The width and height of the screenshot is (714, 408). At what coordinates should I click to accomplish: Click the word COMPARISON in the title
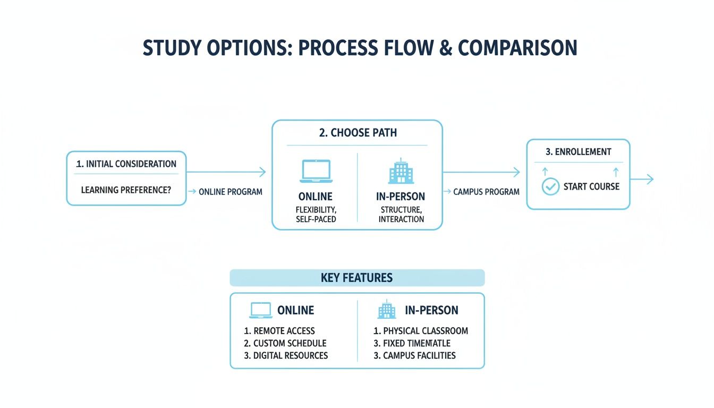pyautogui.click(x=517, y=48)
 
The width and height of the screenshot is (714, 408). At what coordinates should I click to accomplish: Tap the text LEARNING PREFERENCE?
pyautogui.click(x=126, y=189)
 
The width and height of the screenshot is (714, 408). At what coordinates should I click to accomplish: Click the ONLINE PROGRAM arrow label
pyautogui.click(x=231, y=192)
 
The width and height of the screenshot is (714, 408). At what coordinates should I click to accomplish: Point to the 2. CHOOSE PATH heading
pyautogui.click(x=358, y=133)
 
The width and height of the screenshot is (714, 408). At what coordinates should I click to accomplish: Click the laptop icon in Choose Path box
pyautogui.click(x=316, y=172)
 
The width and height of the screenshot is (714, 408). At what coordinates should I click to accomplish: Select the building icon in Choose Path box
pyautogui.click(x=400, y=171)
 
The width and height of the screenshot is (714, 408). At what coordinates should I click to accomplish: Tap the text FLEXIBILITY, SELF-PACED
pyautogui.click(x=316, y=214)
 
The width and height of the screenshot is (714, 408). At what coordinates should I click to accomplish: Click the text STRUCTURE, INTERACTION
pyautogui.click(x=402, y=214)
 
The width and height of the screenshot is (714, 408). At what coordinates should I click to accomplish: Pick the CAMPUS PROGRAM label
pyautogui.click(x=486, y=192)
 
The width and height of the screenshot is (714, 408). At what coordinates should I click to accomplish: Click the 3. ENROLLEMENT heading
pyautogui.click(x=578, y=152)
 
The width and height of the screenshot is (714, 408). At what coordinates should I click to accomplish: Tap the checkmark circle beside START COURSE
pyautogui.click(x=550, y=187)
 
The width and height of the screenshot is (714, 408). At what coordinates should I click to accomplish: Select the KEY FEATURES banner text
pyautogui.click(x=357, y=278)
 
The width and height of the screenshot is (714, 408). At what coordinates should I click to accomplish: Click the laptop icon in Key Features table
pyautogui.click(x=261, y=310)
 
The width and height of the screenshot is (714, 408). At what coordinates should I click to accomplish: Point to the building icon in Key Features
pyautogui.click(x=387, y=310)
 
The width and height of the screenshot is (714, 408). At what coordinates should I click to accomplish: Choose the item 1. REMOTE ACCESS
pyautogui.click(x=279, y=331)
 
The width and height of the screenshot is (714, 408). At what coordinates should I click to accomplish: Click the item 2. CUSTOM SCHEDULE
pyautogui.click(x=285, y=343)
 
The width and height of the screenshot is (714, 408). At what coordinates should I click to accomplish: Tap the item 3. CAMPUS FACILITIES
pyautogui.click(x=415, y=355)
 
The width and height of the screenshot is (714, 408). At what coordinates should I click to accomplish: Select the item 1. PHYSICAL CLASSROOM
pyautogui.click(x=421, y=331)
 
